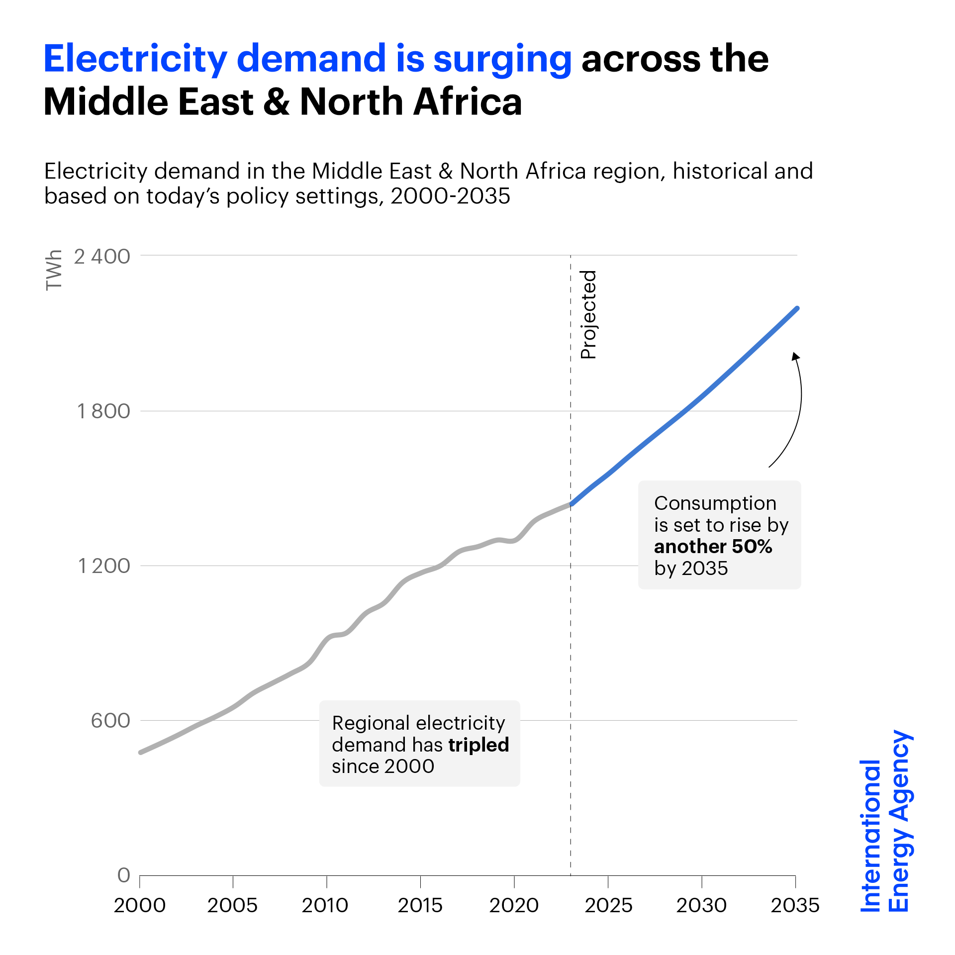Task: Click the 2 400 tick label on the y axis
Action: [x=102, y=257]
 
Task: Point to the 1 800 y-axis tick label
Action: [x=103, y=411]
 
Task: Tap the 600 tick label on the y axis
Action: [x=110, y=720]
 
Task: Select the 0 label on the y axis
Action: [x=124, y=875]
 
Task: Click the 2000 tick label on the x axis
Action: [x=140, y=905]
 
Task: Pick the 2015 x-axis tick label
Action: [x=420, y=905]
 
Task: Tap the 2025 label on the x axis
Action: [x=608, y=905]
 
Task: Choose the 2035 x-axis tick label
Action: [x=795, y=905]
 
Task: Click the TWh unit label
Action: [x=54, y=270]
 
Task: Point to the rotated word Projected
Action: [x=588, y=314]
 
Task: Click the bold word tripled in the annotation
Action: [x=478, y=745]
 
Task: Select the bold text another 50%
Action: [x=713, y=546]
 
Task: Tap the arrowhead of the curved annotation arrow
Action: [x=795, y=356]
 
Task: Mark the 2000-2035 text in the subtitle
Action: [x=450, y=196]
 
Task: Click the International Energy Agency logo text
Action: [x=885, y=821]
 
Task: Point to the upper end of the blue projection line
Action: [x=797, y=308]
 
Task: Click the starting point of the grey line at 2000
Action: [x=141, y=752]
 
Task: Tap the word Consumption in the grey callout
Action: [x=715, y=503]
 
